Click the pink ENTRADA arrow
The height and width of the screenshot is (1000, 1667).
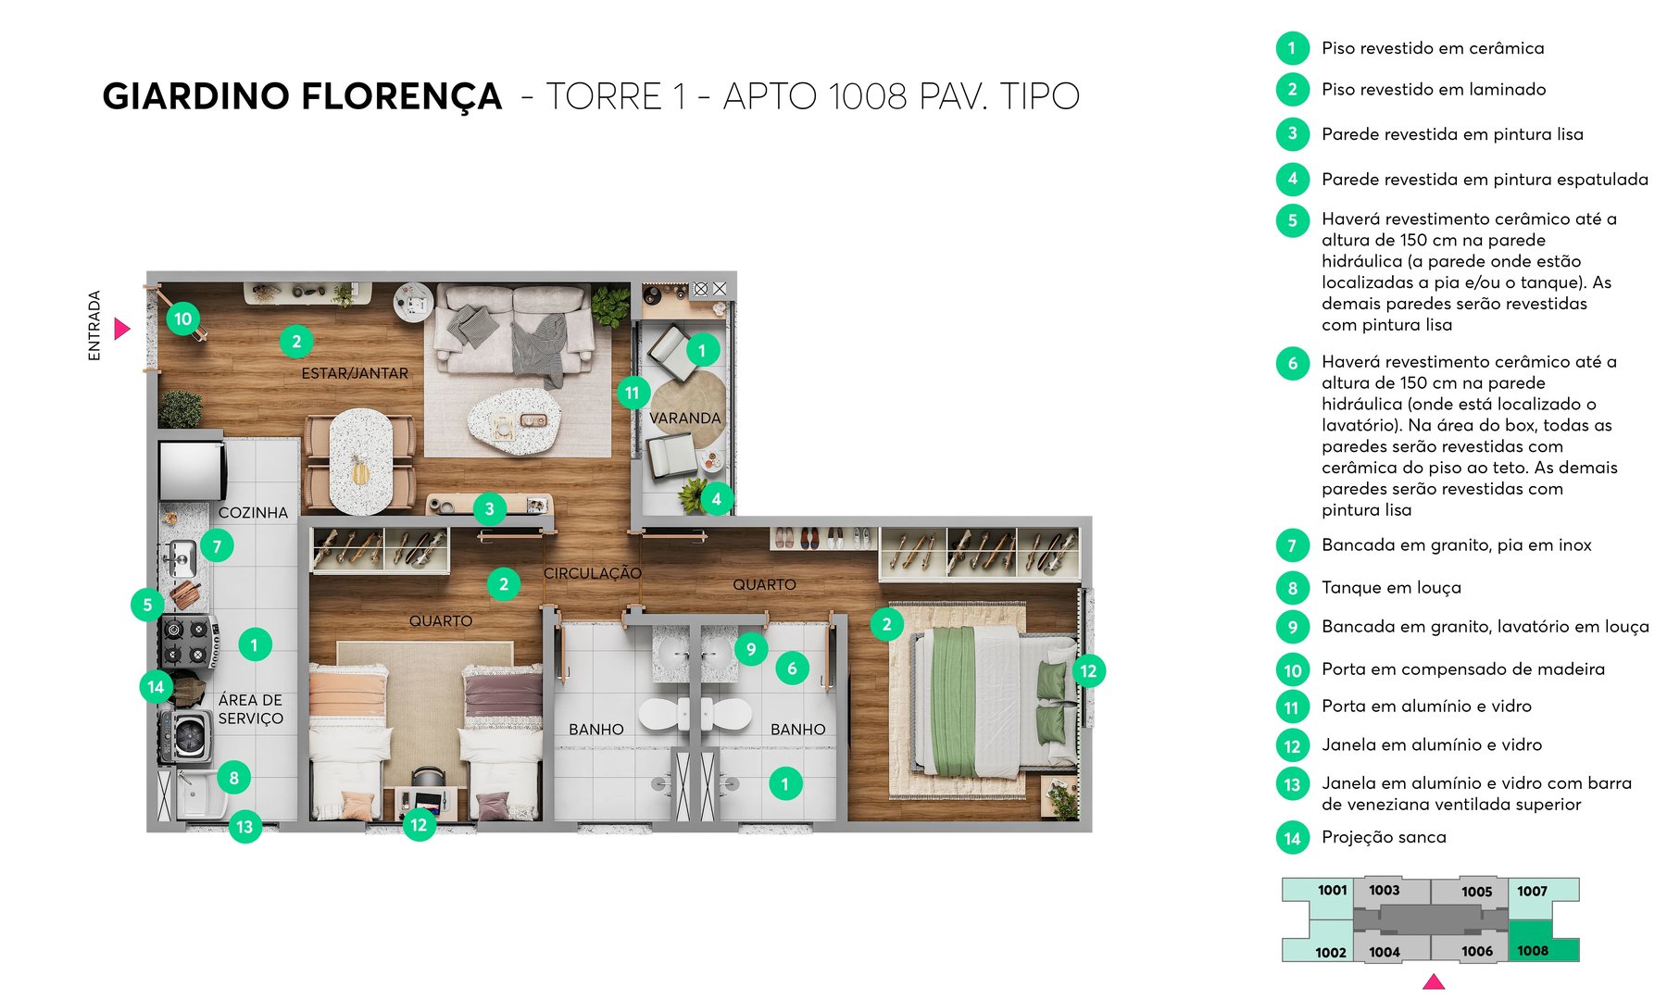pyautogui.click(x=121, y=329)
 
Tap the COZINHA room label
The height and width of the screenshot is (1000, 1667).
pyautogui.click(x=253, y=513)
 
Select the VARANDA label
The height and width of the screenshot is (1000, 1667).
pyautogui.click(x=684, y=419)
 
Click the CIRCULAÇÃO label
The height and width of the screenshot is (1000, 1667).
pyautogui.click(x=592, y=574)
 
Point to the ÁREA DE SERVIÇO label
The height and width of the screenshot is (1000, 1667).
pyautogui.click(x=250, y=709)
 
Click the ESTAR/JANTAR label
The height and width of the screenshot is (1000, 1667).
pyautogui.click(x=354, y=373)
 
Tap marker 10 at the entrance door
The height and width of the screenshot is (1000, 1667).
pyautogui.click(x=183, y=319)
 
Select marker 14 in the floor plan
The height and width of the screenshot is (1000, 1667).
pyautogui.click(x=156, y=687)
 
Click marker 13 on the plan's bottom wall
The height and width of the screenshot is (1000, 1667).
pyautogui.click(x=244, y=827)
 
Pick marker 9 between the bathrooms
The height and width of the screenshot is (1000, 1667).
pyautogui.click(x=751, y=649)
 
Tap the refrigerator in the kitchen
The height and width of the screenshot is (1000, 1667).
pyautogui.click(x=193, y=470)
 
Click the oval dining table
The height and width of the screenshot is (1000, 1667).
pyautogui.click(x=360, y=460)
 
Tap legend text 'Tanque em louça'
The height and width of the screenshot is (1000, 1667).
pyautogui.click(x=1391, y=588)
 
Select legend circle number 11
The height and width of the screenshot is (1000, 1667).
pyautogui.click(x=1292, y=708)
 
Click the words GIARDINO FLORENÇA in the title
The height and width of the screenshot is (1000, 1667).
pyautogui.click(x=302, y=96)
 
